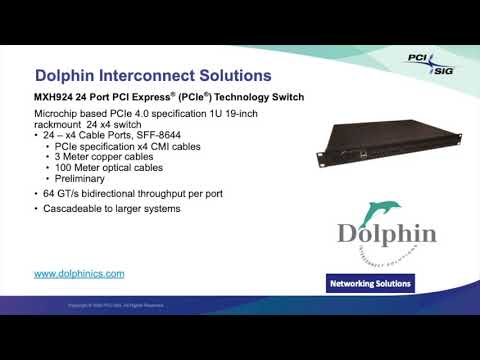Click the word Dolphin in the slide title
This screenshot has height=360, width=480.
tap(66, 76)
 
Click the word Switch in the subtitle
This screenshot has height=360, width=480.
tap(284, 98)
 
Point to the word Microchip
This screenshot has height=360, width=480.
tap(58, 116)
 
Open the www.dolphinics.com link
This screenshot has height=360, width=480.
tap(79, 273)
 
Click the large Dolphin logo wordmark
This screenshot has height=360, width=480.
tap(386, 235)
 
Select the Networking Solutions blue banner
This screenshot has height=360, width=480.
tap(371, 284)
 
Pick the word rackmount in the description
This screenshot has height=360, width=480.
tap(58, 126)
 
